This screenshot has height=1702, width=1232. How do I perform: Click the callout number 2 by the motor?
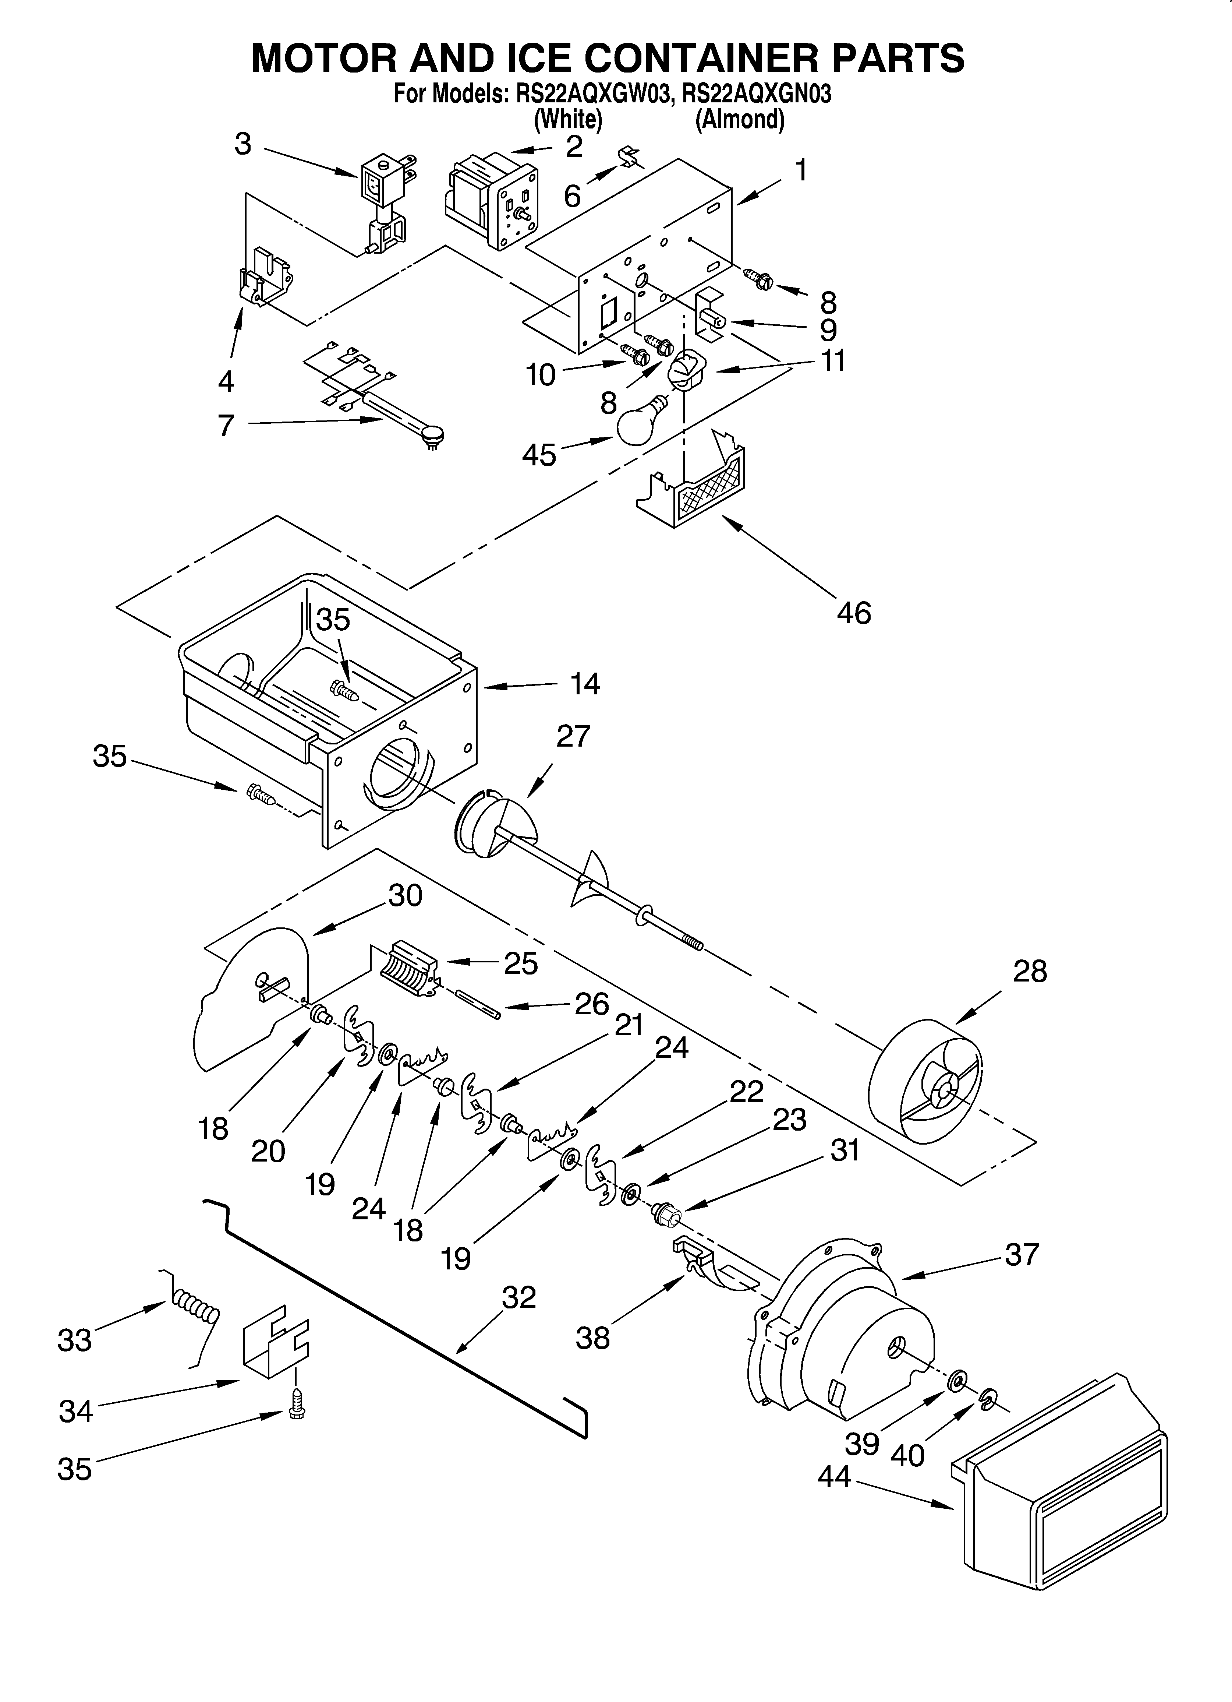tap(574, 146)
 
